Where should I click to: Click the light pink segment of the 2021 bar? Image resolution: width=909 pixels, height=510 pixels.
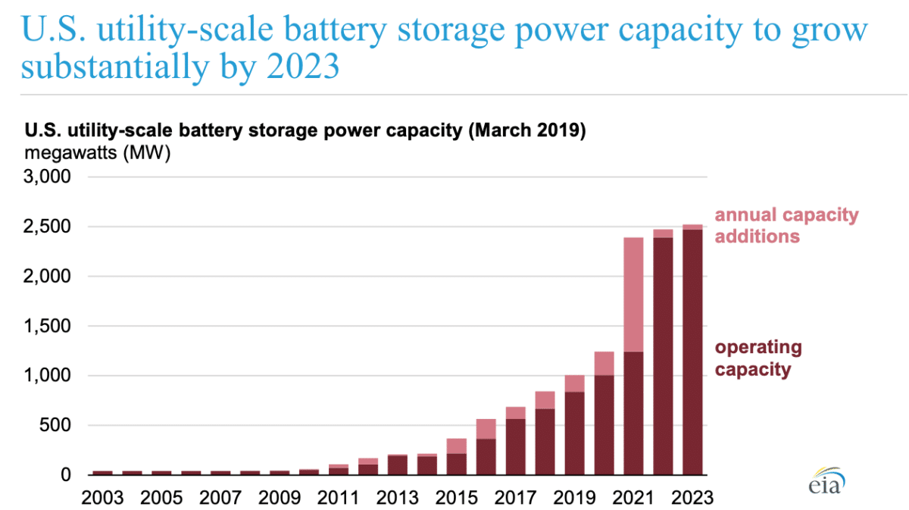click(633, 295)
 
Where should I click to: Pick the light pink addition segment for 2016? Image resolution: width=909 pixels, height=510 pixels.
click(486, 429)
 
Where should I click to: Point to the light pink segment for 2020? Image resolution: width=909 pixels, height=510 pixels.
click(604, 363)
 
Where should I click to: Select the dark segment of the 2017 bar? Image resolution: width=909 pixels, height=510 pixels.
click(515, 446)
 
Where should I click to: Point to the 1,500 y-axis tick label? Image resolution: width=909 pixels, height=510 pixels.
click(48, 327)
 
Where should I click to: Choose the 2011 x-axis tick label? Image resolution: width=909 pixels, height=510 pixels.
click(338, 498)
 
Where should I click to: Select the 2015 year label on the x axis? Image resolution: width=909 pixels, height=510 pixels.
click(456, 498)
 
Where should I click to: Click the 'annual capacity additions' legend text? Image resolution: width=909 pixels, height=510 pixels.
click(786, 225)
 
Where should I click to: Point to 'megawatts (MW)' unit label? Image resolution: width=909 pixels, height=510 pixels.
click(98, 152)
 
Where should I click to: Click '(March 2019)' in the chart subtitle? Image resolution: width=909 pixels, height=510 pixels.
click(526, 130)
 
